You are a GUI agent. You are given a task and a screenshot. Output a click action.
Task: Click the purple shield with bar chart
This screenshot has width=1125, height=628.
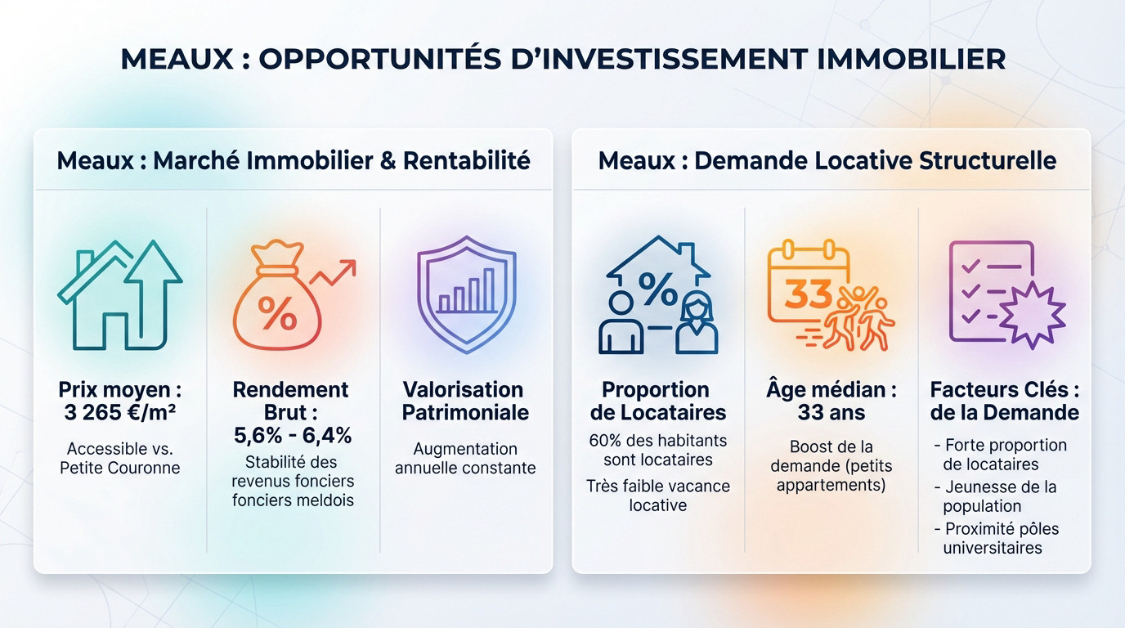pyautogui.click(x=466, y=294)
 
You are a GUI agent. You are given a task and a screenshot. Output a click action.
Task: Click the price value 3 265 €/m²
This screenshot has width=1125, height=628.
pyautogui.click(x=119, y=413)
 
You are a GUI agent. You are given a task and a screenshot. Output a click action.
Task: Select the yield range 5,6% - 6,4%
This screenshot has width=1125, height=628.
pyautogui.click(x=293, y=436)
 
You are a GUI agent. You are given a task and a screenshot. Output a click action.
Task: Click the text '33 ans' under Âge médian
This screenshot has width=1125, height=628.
pyautogui.click(x=831, y=413)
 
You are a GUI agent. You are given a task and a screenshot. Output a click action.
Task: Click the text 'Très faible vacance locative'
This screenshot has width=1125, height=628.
pyautogui.click(x=658, y=495)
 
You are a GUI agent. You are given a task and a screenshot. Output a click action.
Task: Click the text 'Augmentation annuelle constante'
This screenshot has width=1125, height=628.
pyautogui.click(x=465, y=458)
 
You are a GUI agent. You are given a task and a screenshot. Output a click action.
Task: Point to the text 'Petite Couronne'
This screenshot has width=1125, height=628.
pyautogui.click(x=119, y=469)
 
